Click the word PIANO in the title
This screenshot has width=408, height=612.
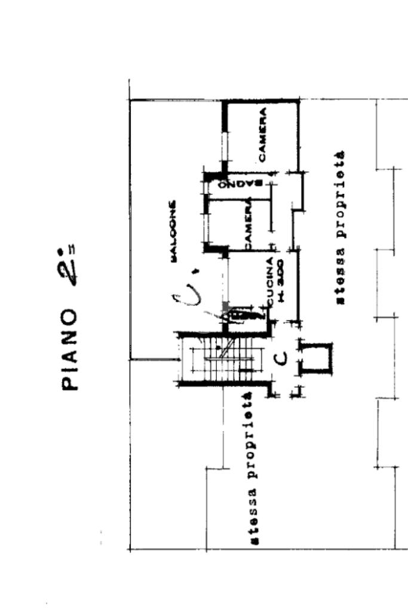click(71, 350)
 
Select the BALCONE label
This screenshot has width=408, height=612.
click(173, 231)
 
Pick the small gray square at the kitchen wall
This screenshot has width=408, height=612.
click(225, 306)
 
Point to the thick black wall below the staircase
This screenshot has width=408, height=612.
click(224, 384)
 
